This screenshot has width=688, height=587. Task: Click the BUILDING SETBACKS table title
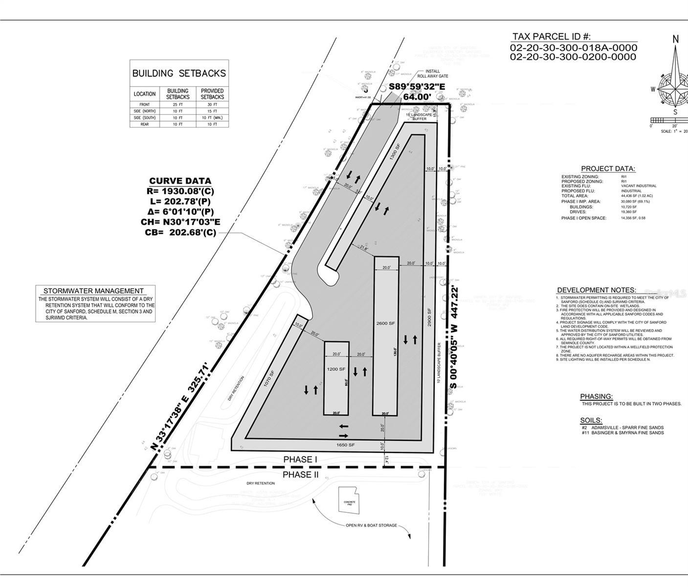pyautogui.click(x=179, y=73)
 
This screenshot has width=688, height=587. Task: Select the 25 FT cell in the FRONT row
pyautogui.click(x=178, y=105)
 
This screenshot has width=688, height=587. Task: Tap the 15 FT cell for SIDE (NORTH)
pyautogui.click(x=212, y=111)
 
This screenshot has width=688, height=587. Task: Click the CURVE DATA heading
pyautogui.click(x=180, y=181)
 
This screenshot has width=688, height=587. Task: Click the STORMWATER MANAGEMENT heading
pyautogui.click(x=93, y=291)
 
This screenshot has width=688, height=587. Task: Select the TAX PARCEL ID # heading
pyautogui.click(x=551, y=37)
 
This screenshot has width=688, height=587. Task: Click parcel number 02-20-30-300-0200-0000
pyautogui.click(x=573, y=57)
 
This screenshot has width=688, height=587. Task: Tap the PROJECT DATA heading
pyautogui.click(x=608, y=169)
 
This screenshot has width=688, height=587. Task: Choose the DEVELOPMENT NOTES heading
pyautogui.click(x=596, y=290)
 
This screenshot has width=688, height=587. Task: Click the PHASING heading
pyautogui.click(x=596, y=396)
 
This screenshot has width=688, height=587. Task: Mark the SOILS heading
pyautogui.click(x=591, y=420)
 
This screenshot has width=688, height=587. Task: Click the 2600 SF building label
pyautogui.click(x=385, y=323)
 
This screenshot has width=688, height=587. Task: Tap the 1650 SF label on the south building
pyautogui.click(x=345, y=445)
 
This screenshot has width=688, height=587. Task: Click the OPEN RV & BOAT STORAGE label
pyautogui.click(x=371, y=526)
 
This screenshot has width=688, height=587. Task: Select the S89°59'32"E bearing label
pyautogui.click(x=417, y=87)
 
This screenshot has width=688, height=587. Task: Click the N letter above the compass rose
pyautogui.click(x=675, y=39)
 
